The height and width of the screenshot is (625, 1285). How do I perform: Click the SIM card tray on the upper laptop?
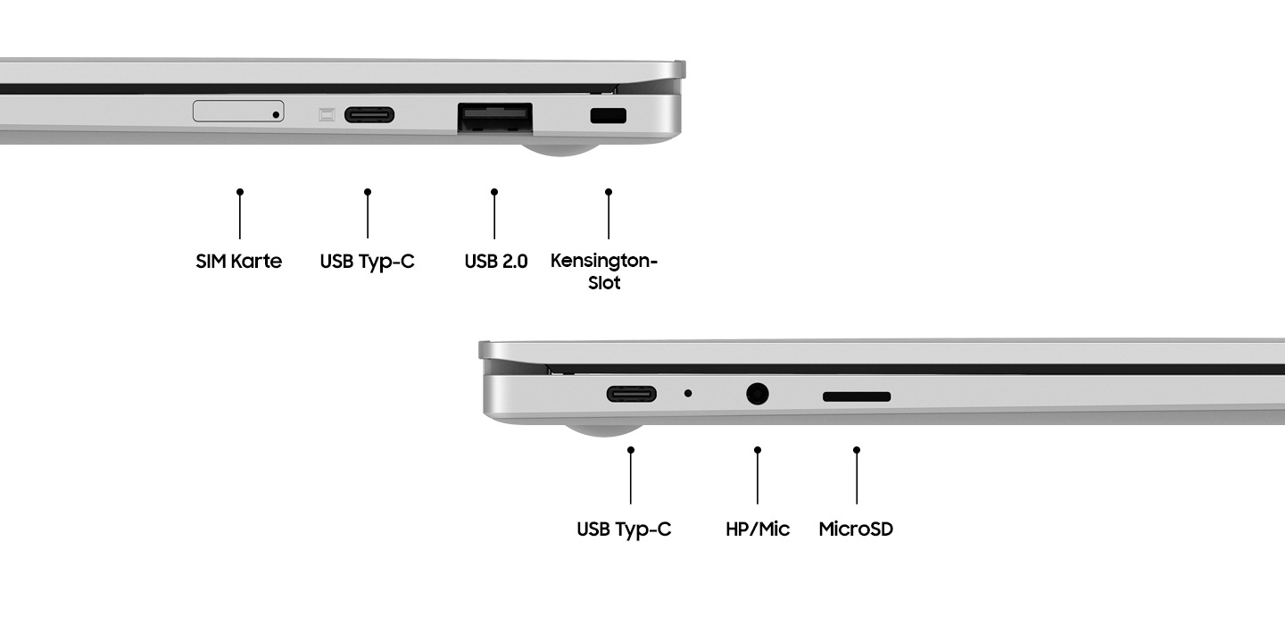click(238, 111)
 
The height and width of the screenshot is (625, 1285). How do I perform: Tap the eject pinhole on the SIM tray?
click(276, 115)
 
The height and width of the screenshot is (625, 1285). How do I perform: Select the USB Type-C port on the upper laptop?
click(369, 115)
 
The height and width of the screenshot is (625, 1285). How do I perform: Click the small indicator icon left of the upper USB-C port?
click(327, 115)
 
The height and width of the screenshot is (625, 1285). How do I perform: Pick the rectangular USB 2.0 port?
click(495, 118)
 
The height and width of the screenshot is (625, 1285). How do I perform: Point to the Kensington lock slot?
click(608, 115)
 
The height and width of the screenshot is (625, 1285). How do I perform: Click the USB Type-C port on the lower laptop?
click(632, 395)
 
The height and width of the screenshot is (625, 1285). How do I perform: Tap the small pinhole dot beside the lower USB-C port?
click(688, 393)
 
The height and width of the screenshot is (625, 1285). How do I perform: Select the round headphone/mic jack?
click(758, 395)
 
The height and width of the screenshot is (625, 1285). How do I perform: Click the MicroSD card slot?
click(857, 396)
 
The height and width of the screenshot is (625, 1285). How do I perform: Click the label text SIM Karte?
click(238, 261)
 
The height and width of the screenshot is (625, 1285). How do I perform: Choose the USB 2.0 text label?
click(496, 261)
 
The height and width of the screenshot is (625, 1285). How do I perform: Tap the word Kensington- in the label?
click(604, 261)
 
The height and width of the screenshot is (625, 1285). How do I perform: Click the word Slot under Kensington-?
click(604, 283)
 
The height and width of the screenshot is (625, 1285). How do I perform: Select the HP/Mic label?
click(758, 529)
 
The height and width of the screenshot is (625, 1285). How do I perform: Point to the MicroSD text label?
click(856, 529)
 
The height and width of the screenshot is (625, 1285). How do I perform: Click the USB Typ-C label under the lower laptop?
click(624, 529)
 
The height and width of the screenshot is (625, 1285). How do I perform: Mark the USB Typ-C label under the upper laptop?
click(367, 262)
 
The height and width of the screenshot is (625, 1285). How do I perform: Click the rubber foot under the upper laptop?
click(560, 149)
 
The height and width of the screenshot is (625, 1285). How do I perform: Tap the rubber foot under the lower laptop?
click(604, 430)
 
